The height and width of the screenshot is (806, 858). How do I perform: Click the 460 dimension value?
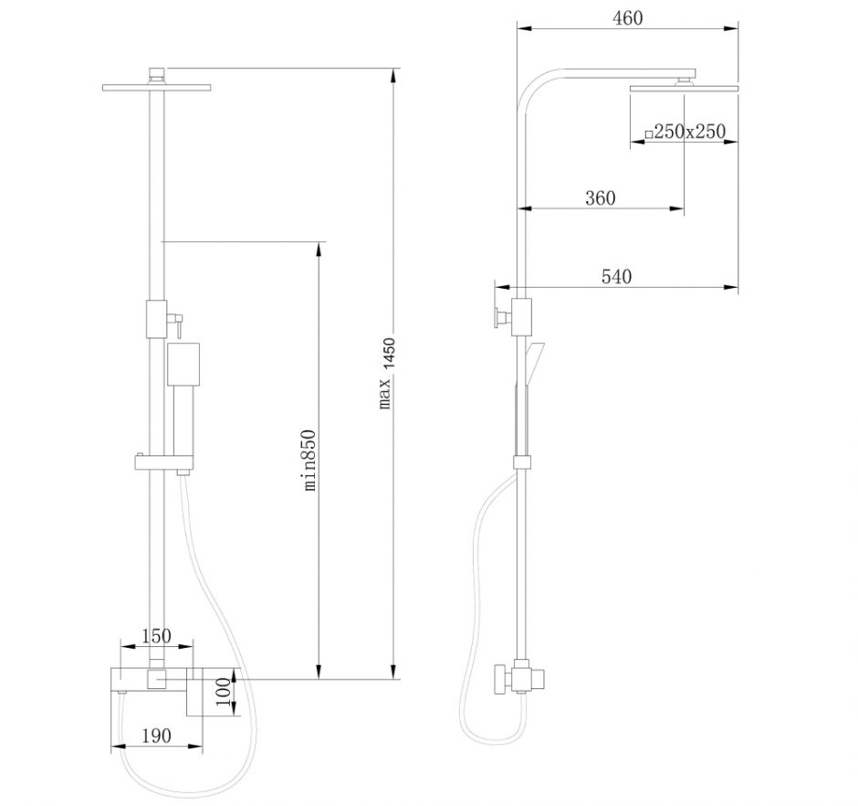pyautogui.click(x=628, y=18)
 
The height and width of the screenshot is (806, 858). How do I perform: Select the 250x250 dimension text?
pyautogui.click(x=689, y=132)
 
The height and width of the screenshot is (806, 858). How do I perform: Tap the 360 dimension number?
pyautogui.click(x=601, y=197)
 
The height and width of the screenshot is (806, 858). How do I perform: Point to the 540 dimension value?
pyautogui.click(x=617, y=277)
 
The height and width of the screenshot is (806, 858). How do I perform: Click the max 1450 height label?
pyautogui.click(x=387, y=374)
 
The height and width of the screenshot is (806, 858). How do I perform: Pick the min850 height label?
pyautogui.click(x=309, y=461)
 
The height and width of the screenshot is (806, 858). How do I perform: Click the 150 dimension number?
pyautogui.click(x=156, y=636)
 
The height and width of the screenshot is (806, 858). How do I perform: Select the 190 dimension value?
pyautogui.click(x=156, y=736)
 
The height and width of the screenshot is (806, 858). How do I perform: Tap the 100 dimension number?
pyautogui.click(x=223, y=692)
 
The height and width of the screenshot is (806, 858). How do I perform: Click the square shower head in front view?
pyautogui.click(x=156, y=87)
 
